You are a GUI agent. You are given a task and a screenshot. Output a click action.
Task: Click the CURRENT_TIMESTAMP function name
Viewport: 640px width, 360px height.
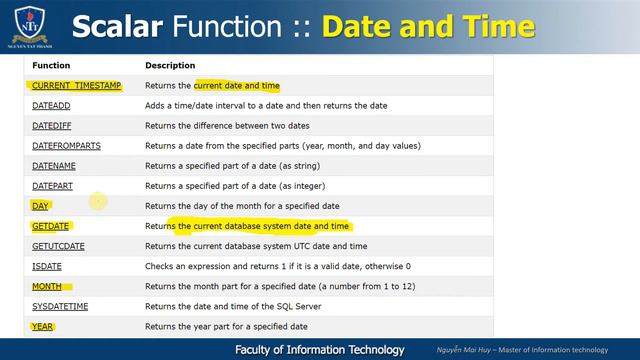click(76, 86)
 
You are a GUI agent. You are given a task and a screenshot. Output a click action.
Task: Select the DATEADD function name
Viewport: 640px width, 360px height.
click(52, 106)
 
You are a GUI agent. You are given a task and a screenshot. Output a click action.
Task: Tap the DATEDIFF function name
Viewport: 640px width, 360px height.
click(54, 126)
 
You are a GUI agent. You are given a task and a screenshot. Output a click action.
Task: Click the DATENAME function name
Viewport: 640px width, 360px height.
click(54, 166)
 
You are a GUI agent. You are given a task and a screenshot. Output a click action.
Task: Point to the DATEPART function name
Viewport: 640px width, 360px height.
click(54, 186)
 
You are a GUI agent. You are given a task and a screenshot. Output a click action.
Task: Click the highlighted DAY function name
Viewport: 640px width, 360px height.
click(40, 206)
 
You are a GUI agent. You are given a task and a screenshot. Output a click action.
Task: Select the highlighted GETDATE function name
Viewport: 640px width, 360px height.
click(50, 226)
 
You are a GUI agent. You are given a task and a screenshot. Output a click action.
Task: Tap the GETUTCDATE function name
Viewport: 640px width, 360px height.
click(58, 246)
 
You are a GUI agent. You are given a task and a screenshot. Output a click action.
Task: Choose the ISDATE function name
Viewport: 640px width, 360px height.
click(47, 266)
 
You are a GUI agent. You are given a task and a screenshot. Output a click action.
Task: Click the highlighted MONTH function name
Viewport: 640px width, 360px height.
click(47, 286)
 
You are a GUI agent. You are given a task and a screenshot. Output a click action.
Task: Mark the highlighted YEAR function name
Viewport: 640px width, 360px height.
click(42, 326)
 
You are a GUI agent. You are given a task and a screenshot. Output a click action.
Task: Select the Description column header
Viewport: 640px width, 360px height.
click(170, 66)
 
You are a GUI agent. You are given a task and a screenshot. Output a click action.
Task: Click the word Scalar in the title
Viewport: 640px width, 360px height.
click(124, 26)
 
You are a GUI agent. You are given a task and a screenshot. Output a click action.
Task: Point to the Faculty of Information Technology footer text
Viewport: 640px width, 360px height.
click(320, 350)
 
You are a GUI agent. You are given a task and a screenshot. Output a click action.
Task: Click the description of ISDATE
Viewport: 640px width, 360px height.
click(278, 266)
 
